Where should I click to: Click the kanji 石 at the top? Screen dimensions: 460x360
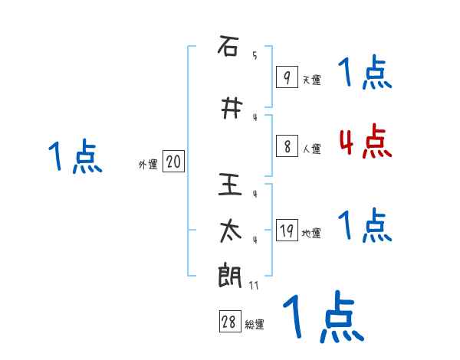(x=228, y=47)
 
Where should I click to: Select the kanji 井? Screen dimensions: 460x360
(x=228, y=109)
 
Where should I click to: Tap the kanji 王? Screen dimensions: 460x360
(x=228, y=185)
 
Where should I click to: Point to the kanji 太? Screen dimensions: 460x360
(x=228, y=231)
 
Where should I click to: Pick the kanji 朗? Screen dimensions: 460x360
(x=228, y=276)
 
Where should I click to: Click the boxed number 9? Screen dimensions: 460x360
(x=286, y=77)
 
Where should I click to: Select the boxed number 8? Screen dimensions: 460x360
(x=286, y=147)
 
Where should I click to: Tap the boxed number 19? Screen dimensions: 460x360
(x=286, y=231)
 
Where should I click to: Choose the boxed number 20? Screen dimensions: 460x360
(x=173, y=162)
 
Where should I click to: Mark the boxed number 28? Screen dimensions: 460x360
(x=229, y=322)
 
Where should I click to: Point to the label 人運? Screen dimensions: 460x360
(x=311, y=149)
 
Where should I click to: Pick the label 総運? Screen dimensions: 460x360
(x=255, y=325)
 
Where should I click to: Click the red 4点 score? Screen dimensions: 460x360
(x=365, y=142)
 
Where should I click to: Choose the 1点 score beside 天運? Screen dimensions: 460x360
(x=365, y=74)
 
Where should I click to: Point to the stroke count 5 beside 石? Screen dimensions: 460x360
(x=255, y=55)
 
